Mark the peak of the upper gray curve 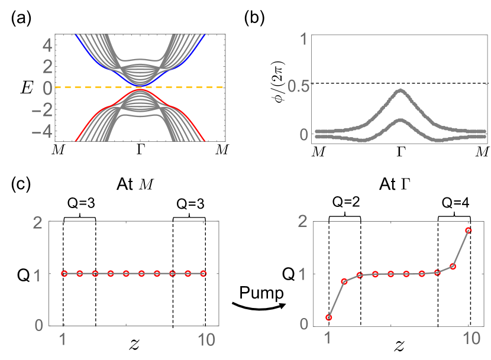coord(400,90)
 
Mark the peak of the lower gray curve coord(400,121)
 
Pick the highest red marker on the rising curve coord(469,231)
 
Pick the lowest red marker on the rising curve coord(329,318)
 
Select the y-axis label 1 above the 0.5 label coord(303,40)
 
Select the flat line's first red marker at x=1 coord(64,274)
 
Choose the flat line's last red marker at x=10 coord(203,274)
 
